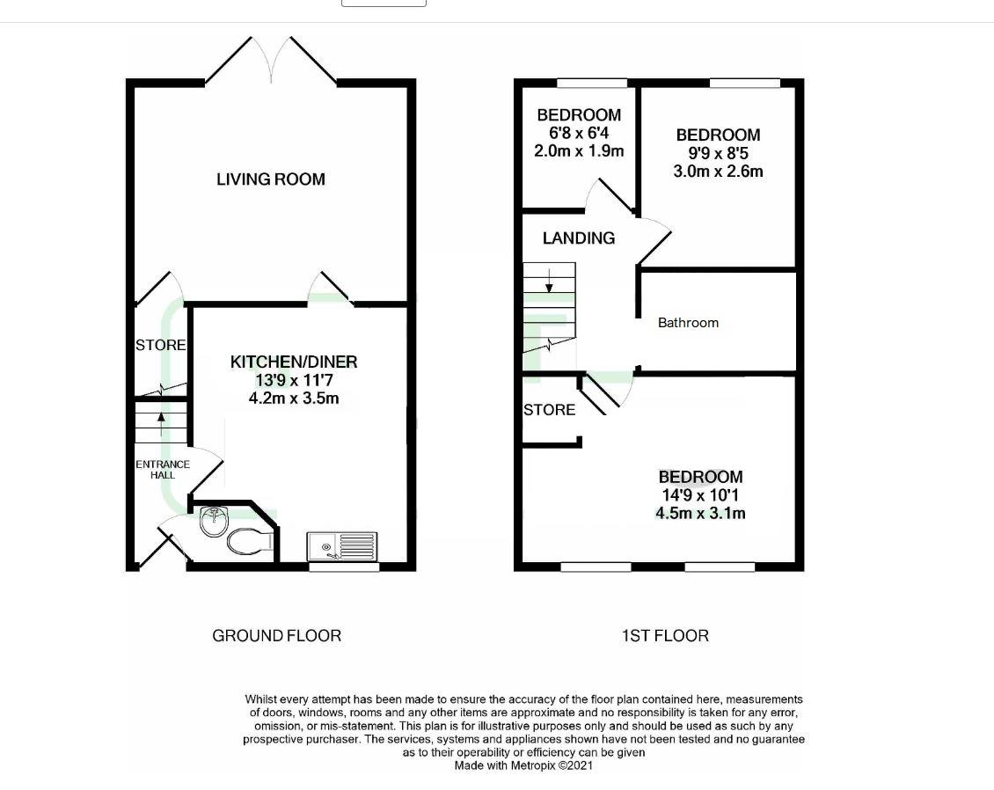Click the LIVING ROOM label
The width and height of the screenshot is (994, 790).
tap(271, 179)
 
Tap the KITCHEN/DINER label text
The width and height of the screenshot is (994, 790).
tap(294, 362)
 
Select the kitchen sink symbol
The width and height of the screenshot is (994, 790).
tap(342, 546)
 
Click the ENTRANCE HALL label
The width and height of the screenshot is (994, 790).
tap(162, 470)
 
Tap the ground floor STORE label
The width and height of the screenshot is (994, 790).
tap(161, 346)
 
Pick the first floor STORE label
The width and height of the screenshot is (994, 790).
tap(549, 410)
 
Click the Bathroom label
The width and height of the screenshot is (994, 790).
tap(688, 323)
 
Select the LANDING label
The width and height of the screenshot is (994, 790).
tap(579, 238)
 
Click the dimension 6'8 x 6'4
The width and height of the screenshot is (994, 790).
tap(579, 133)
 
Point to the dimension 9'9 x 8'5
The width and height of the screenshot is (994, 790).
tap(718, 153)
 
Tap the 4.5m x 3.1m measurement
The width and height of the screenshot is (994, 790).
tap(700, 513)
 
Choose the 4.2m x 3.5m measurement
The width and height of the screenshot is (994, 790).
tap(294, 399)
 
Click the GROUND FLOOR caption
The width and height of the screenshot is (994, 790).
tap(276, 635)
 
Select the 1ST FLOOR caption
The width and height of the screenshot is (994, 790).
tap(664, 635)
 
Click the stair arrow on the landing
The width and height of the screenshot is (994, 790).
tap(550, 281)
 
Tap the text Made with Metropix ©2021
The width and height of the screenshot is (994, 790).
tap(523, 765)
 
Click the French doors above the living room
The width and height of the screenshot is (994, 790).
tap(271, 62)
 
